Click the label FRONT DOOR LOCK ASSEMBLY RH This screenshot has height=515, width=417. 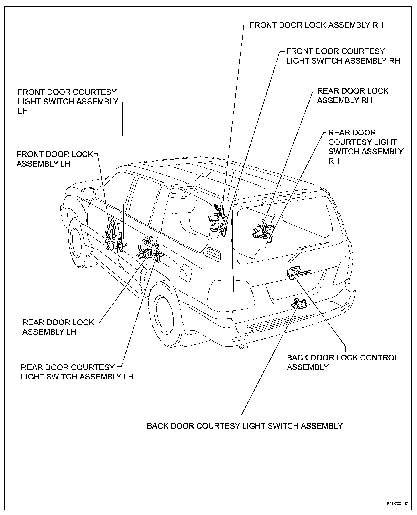(316, 25)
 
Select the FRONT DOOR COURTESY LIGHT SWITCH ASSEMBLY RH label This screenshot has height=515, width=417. (343, 56)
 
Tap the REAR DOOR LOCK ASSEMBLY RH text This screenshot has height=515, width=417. (353, 96)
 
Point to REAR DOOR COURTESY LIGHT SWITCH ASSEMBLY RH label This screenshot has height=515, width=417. (365, 147)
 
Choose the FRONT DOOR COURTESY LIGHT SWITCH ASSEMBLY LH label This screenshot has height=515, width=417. (68, 101)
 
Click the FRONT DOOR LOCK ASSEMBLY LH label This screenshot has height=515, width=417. (55, 159)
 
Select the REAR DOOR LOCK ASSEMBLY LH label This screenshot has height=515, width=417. (58, 327)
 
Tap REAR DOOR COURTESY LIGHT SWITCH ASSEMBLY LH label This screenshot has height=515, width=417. (77, 372)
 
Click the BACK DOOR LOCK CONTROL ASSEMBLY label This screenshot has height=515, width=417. (343, 362)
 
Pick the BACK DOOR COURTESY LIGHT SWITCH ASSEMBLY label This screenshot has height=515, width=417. (245, 426)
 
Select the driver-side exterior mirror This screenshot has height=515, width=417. (88, 194)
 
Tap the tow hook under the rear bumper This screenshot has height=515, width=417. (243, 347)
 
